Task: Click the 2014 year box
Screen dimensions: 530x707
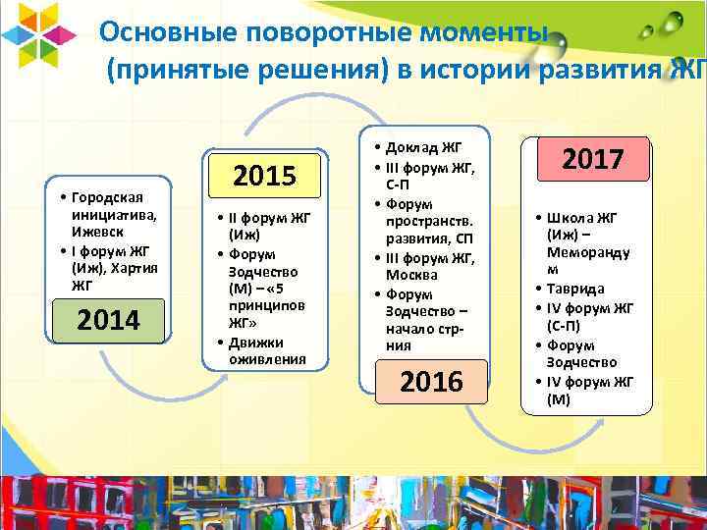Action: click(109, 320)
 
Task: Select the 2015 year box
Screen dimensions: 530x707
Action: click(264, 177)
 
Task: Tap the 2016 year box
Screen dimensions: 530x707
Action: click(432, 381)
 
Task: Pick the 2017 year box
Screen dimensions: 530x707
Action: click(594, 159)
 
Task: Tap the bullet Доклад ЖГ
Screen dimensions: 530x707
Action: click(428, 148)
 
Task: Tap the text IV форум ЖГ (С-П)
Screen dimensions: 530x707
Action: click(594, 316)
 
